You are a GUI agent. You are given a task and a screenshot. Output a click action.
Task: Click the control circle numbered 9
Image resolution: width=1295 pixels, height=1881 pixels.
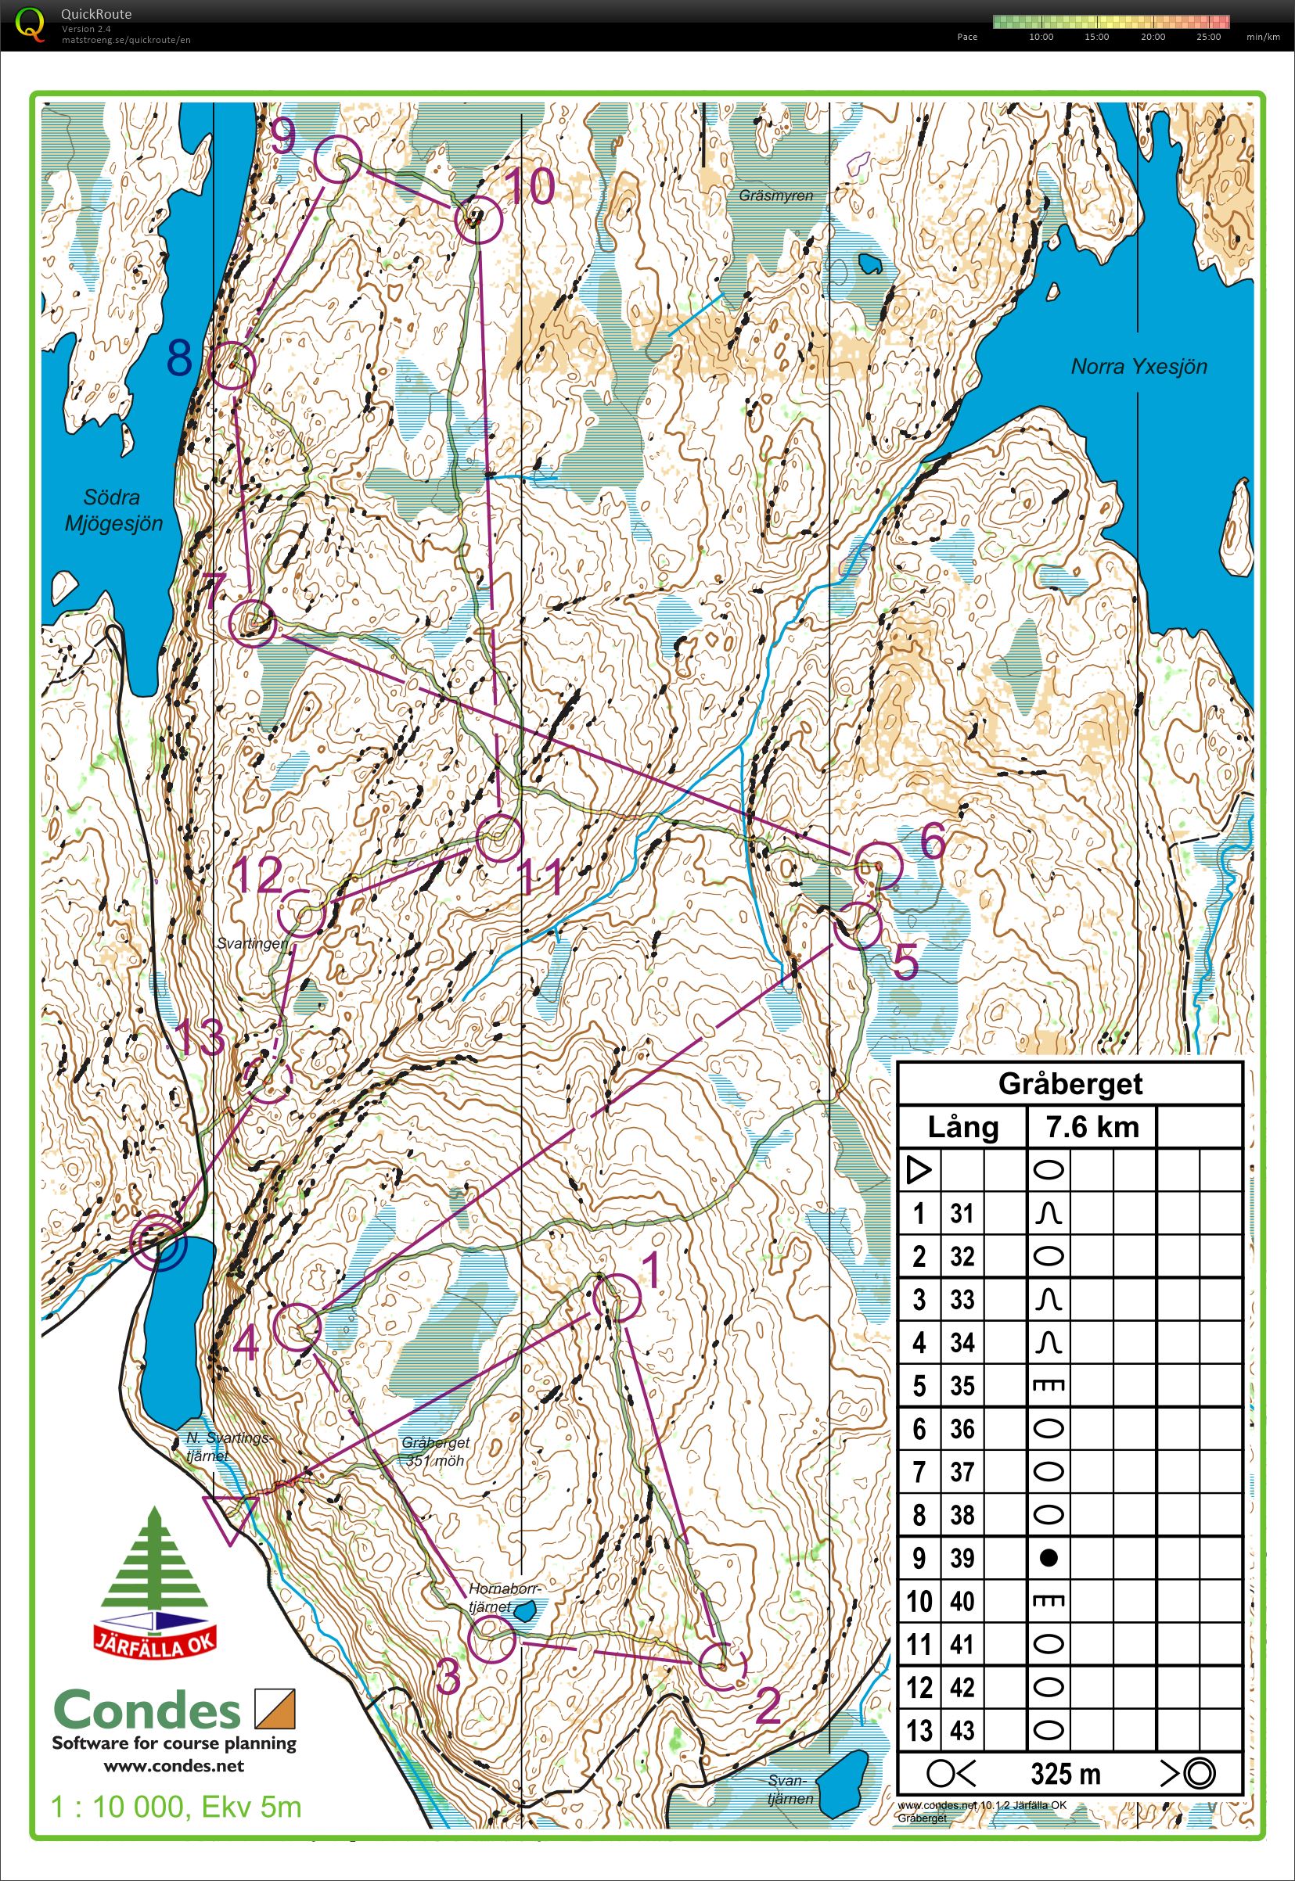click(x=336, y=159)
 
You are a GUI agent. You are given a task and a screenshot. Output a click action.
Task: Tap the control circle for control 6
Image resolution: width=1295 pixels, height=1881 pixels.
click(x=879, y=866)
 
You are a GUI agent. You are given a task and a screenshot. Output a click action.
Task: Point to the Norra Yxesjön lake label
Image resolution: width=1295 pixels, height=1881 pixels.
click(x=1139, y=367)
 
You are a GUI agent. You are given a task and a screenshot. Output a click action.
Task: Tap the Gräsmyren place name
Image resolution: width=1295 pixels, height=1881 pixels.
click(x=775, y=196)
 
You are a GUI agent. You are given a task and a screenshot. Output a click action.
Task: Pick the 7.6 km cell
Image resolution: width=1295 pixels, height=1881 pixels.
click(x=1092, y=1127)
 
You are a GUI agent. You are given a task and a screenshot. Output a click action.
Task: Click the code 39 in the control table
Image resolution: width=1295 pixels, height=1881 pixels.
click(x=962, y=1557)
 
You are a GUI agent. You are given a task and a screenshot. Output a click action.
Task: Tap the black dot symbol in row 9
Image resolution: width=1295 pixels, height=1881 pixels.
click(x=1049, y=1557)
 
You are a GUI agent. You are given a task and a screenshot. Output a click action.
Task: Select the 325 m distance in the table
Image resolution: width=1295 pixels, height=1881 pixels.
click(x=1066, y=1774)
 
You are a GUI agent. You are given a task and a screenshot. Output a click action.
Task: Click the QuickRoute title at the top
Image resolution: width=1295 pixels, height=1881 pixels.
click(x=95, y=14)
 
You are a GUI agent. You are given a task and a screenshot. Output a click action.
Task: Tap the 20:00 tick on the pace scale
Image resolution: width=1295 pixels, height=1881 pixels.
click(x=1152, y=37)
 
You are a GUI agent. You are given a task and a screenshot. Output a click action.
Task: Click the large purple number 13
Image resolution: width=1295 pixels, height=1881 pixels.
click(x=199, y=1036)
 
